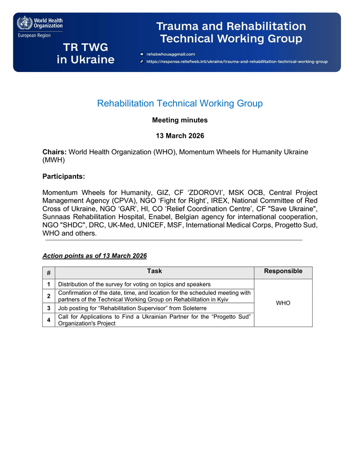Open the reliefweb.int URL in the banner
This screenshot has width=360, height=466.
click(x=237, y=61)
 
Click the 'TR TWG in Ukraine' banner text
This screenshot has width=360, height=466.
click(x=85, y=53)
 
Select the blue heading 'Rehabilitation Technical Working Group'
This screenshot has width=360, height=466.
click(x=180, y=103)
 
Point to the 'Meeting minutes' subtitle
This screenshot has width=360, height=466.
click(x=180, y=120)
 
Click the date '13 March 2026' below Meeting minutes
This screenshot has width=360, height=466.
click(x=180, y=136)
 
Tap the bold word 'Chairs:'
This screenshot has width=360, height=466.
click(x=55, y=152)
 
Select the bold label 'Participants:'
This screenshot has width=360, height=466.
click(x=64, y=176)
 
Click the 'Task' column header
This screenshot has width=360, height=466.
click(x=154, y=271)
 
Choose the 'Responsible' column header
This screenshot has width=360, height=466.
click(x=283, y=272)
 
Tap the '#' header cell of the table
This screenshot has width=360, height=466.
click(x=49, y=273)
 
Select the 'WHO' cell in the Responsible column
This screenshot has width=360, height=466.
click(x=283, y=303)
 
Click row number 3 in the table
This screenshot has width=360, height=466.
click(x=49, y=308)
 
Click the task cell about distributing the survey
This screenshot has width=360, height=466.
click(x=134, y=284)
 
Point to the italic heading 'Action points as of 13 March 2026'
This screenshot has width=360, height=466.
click(x=95, y=256)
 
